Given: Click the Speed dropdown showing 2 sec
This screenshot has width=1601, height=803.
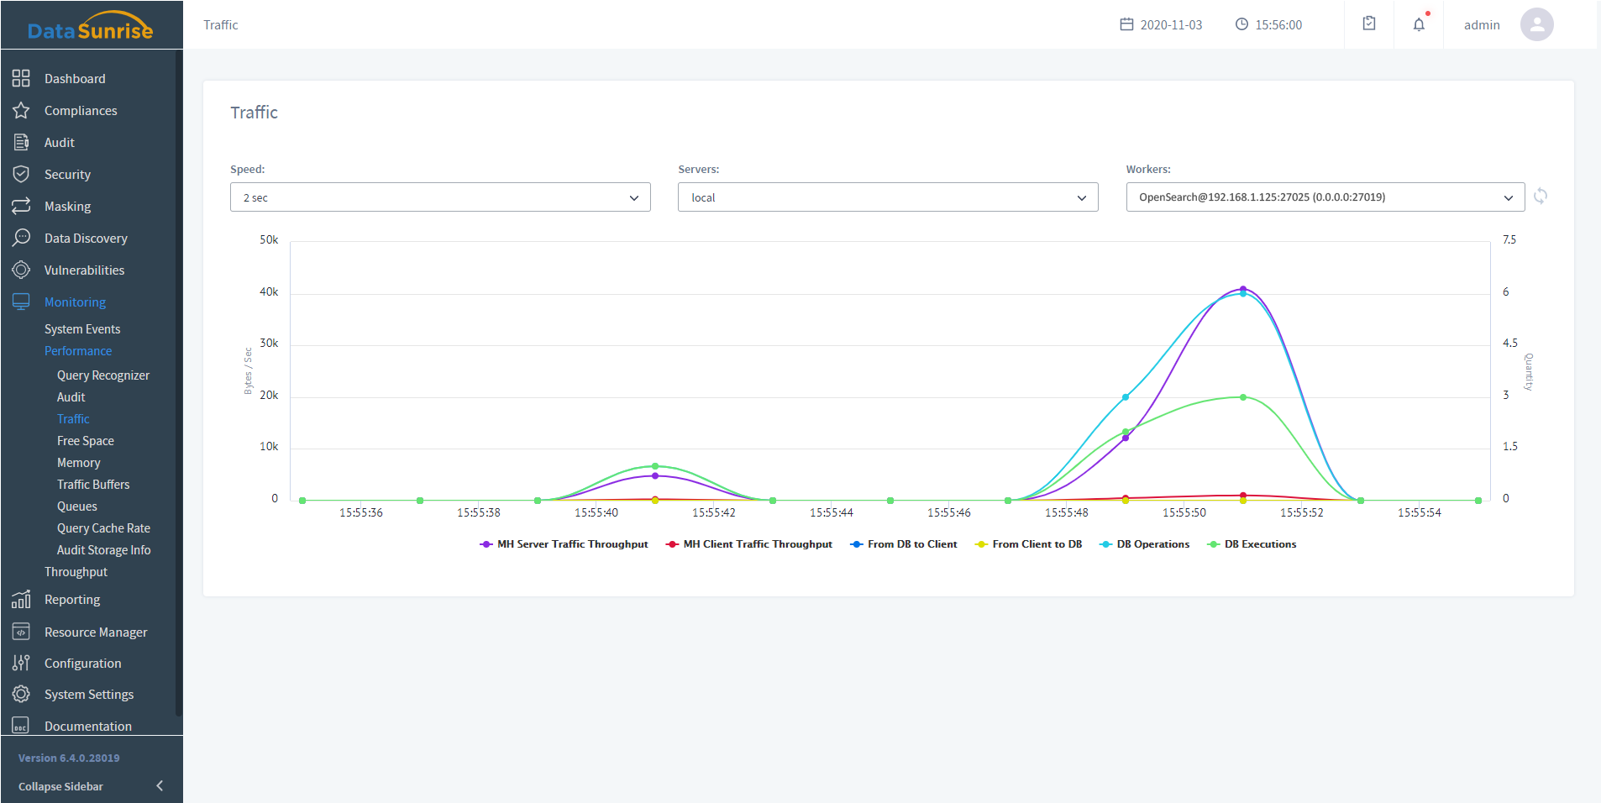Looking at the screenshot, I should (x=439, y=197).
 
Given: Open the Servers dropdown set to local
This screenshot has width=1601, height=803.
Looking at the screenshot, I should (x=887, y=197).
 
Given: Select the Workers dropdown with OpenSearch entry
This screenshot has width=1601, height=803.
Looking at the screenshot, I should (x=1325, y=197).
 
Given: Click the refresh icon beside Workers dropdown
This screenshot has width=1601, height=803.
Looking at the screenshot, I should (x=1541, y=197).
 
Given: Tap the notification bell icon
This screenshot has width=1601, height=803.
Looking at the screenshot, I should (x=1419, y=24).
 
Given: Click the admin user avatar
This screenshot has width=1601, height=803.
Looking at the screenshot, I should (x=1536, y=24).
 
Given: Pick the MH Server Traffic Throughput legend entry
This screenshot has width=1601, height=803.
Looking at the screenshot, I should (x=564, y=544).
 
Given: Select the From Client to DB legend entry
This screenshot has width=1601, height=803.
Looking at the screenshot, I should (x=1029, y=544).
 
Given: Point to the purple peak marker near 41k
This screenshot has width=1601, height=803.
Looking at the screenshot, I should (x=1243, y=289).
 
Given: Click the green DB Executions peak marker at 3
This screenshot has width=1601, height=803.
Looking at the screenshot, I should (x=1243, y=397).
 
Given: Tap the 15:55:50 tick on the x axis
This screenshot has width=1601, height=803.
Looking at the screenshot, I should (x=1184, y=512).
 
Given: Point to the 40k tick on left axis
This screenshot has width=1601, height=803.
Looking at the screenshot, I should (x=269, y=291).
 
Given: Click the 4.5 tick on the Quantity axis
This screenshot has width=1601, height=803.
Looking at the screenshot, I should (x=1510, y=343).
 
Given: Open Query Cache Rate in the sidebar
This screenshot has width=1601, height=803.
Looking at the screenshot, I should (x=103, y=528).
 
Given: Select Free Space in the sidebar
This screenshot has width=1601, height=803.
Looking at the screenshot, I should (x=86, y=441).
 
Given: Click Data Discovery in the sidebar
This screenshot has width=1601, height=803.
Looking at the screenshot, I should (x=86, y=239).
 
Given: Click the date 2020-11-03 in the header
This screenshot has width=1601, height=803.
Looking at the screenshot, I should (x=1170, y=25).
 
